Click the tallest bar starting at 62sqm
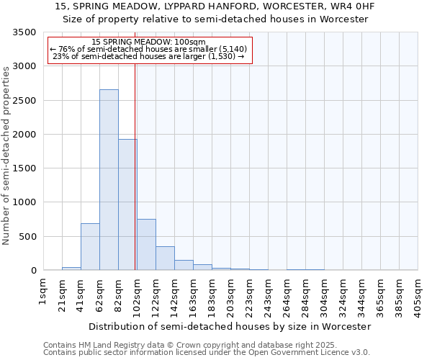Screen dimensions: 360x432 [x=109, y=180]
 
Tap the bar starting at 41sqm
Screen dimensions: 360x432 [x=90, y=246]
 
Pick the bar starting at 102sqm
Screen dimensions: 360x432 [x=146, y=245]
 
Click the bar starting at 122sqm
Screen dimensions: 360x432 [x=165, y=258]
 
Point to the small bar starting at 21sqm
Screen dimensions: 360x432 [x=71, y=269]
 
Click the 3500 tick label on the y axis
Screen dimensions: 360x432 [x=24, y=33]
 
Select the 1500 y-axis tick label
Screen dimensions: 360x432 [x=24, y=168]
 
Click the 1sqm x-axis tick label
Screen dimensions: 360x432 [x=43, y=292]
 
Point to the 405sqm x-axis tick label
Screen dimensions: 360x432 [x=418, y=297]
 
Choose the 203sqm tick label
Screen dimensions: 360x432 [x=230, y=297]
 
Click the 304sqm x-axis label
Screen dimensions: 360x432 [x=324, y=297]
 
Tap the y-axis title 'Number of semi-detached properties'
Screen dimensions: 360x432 [x=6, y=155]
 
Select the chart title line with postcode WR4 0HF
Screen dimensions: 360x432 [x=215, y=6]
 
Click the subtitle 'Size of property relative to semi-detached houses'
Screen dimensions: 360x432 [x=215, y=19]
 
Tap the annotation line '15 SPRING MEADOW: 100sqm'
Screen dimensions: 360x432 [x=150, y=42]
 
